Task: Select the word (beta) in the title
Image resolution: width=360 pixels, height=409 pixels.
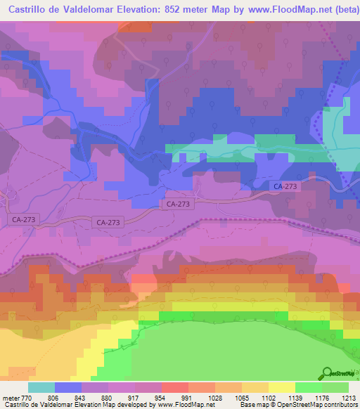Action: pos(337,9)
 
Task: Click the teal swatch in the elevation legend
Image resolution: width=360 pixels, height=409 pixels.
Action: pos(41,388)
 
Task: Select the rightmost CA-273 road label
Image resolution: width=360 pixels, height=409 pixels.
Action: pos(285,187)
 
